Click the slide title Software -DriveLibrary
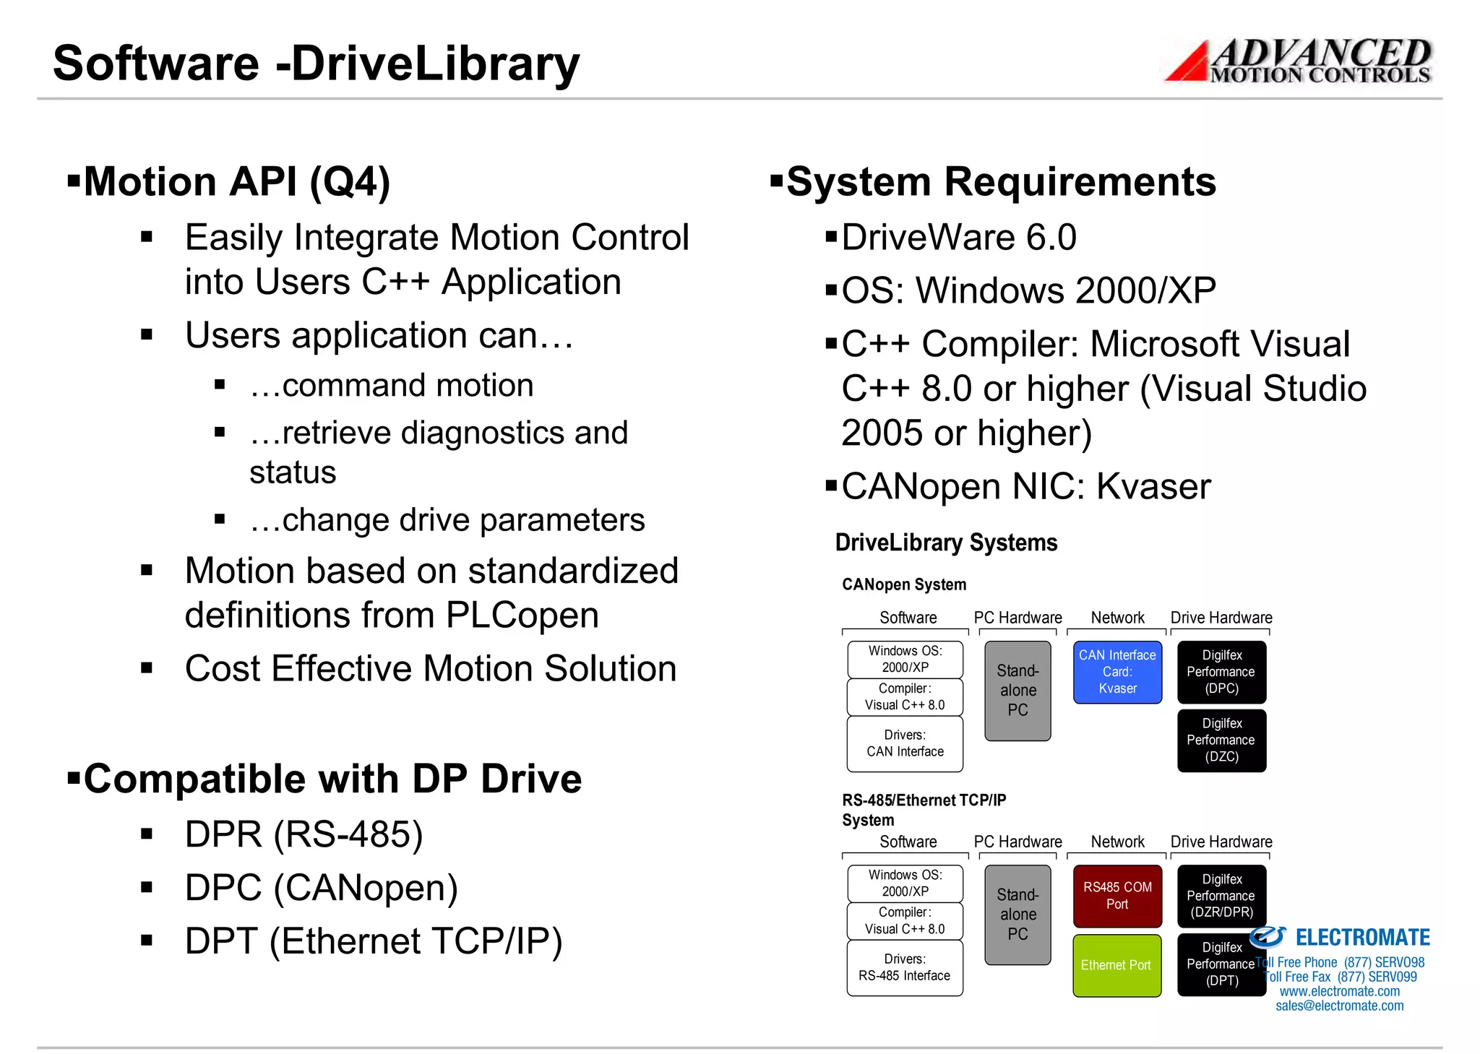316,64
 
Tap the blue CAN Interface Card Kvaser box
1117,672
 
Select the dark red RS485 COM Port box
1117,896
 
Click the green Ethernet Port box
1117,965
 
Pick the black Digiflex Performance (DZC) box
1221,740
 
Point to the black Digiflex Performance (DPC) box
1221,672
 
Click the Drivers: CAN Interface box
905,743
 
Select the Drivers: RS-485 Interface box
905,967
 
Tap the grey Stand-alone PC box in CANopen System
1017,691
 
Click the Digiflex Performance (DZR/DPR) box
1221,896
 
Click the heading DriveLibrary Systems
946,543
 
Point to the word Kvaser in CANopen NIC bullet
1153,487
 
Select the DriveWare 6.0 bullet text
959,238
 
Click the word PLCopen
522,615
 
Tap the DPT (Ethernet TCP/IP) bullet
374,941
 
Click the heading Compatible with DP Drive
332,779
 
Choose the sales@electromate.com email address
1339,1006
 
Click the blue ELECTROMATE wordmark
1362,938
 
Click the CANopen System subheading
904,584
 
